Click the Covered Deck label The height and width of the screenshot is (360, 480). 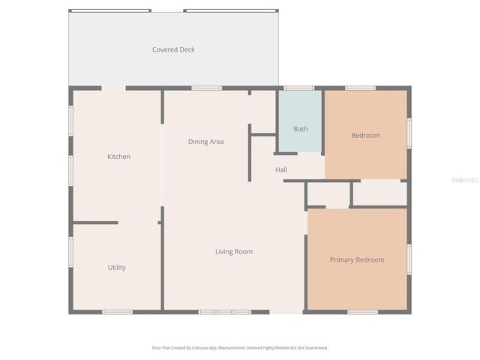point(173,49)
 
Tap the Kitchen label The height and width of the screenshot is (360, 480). point(118,157)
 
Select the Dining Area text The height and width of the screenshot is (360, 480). point(205,142)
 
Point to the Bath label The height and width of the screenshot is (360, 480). point(300,129)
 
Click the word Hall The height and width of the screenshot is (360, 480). point(280,169)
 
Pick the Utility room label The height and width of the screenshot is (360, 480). point(116,268)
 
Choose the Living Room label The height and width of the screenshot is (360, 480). point(233,252)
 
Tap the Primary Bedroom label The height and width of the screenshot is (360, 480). point(357,259)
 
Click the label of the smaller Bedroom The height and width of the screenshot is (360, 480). point(365,136)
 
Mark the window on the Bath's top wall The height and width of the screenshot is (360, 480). point(299,88)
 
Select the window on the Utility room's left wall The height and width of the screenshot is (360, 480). point(71,251)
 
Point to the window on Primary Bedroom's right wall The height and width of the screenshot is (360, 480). point(409,259)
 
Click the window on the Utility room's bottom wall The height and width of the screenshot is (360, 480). point(117,312)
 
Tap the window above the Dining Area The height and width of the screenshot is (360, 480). point(206,88)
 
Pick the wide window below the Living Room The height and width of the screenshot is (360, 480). point(224,312)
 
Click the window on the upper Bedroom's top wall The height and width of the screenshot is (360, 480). point(360,88)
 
